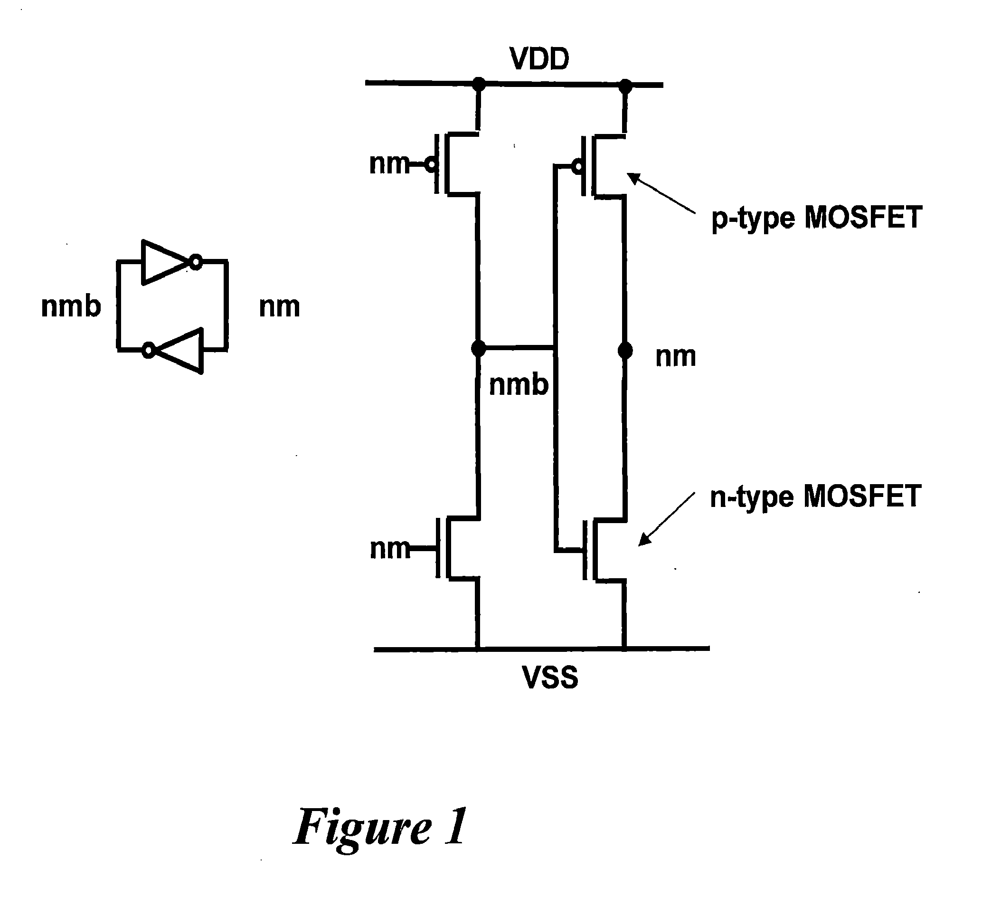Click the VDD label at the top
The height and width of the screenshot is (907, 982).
point(539,59)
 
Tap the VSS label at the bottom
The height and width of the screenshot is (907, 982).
point(550,678)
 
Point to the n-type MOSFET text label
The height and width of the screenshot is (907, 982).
point(816,496)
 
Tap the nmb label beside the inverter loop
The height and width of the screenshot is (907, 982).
point(71,306)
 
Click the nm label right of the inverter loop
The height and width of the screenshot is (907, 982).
point(279,307)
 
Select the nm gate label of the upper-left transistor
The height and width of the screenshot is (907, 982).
point(389,164)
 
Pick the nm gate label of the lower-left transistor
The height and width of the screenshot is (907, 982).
point(389,549)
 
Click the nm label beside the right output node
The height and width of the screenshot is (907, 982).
point(675,357)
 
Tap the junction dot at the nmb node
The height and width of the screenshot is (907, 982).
point(478,348)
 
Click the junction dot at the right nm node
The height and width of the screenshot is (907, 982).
point(625,351)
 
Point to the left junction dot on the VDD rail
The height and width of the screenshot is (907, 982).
point(478,84)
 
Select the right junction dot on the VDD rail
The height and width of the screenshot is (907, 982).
point(625,86)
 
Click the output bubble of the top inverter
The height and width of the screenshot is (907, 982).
point(196,263)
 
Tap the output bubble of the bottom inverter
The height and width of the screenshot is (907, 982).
point(148,351)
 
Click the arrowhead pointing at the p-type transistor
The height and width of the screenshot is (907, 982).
point(635,178)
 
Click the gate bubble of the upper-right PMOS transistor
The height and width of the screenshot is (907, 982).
point(578,167)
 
